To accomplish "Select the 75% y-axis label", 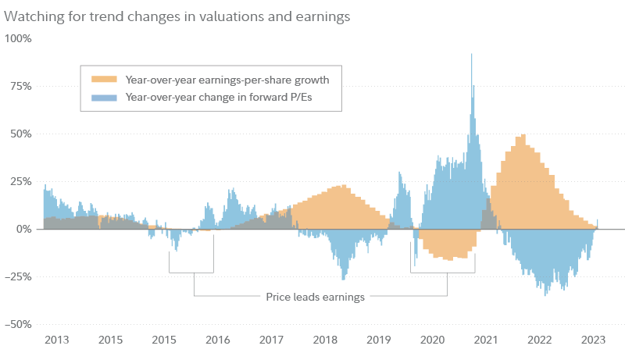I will tap(20, 85).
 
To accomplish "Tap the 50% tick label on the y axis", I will tap(20, 133).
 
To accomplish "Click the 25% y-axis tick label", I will tap(20, 180).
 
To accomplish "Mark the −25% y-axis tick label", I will tap(18, 276).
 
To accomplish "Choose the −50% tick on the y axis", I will tap(18, 324).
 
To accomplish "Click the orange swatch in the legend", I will tap(104, 80).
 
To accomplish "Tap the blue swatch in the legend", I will tap(104, 97).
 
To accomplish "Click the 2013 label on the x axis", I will tap(56, 340).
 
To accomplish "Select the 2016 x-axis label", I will tap(217, 340).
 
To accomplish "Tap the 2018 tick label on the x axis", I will tap(324, 340).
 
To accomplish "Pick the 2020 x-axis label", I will tap(432, 340).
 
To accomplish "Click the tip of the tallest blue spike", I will tap(472, 54).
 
